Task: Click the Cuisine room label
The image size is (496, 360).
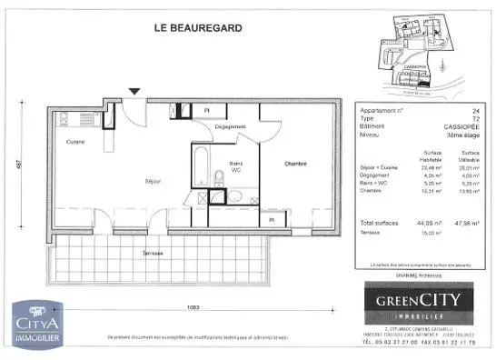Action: [74, 143]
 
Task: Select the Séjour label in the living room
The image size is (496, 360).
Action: [152, 182]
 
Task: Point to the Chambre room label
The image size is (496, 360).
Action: [295, 164]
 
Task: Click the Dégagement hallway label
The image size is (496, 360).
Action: [231, 127]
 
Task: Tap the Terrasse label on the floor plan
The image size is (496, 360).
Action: [153, 253]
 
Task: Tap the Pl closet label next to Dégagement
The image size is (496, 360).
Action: [208, 110]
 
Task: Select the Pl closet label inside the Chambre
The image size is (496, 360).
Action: [271, 219]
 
